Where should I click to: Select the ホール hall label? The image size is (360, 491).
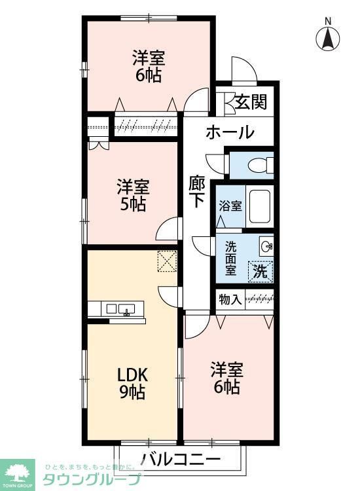pyautogui.click(x=230, y=132)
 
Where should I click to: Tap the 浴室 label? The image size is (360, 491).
pyautogui.click(x=230, y=206)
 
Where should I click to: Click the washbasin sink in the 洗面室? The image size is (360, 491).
pyautogui.click(x=266, y=246)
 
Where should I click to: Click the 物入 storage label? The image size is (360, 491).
pyautogui.click(x=229, y=300)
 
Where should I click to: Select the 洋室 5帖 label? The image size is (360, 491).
pyautogui.click(x=132, y=195)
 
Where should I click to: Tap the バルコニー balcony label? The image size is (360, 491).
pyautogui.click(x=181, y=458)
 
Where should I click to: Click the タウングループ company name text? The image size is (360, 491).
pyautogui.click(x=92, y=479)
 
